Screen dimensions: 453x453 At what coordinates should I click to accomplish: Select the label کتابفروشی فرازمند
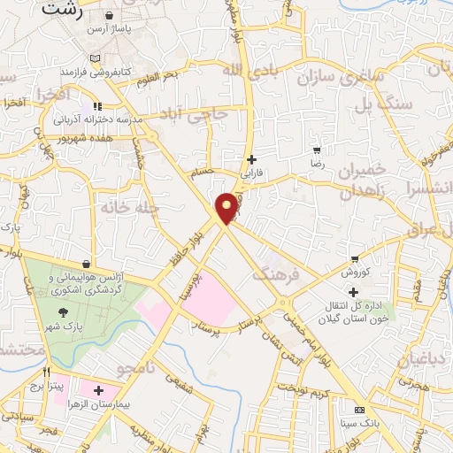(x=95, y=68)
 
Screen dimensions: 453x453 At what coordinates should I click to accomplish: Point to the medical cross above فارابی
(x=252, y=160)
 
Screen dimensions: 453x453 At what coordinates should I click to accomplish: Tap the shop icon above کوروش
(x=355, y=259)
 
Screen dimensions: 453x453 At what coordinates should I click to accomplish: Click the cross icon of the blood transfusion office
(x=354, y=292)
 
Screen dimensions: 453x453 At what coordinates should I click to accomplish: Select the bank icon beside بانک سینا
(x=358, y=411)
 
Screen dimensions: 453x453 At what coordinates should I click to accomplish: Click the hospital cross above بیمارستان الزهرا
(x=97, y=390)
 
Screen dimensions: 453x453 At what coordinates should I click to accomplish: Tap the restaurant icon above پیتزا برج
(x=47, y=372)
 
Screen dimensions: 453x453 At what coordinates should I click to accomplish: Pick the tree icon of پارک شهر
(x=63, y=312)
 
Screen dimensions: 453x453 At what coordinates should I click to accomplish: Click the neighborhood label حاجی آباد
(x=203, y=113)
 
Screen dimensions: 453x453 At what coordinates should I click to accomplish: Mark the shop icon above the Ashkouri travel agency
(x=86, y=265)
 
